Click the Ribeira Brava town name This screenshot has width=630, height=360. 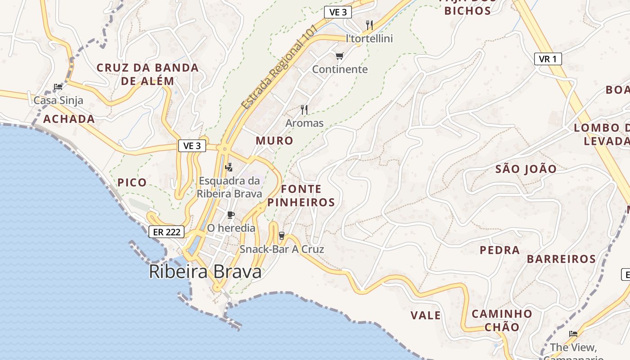point(205,272)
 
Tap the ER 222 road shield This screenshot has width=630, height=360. point(166,232)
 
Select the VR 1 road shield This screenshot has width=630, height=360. point(548,59)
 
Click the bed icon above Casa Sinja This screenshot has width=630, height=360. point(58,87)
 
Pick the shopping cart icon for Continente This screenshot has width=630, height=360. point(339,56)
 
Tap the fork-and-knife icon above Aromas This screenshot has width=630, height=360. point(304,109)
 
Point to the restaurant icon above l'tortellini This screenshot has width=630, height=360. point(369,25)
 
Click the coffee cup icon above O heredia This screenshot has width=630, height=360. point(231,215)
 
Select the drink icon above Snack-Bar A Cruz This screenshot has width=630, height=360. point(282,235)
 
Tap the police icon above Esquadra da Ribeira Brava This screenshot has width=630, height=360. point(229,167)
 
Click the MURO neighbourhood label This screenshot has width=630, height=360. point(274,141)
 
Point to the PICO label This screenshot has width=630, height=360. point(132,183)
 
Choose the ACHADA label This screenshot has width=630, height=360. point(69,119)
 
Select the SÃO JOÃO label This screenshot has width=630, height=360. point(526,169)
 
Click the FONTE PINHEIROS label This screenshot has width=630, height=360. point(301,196)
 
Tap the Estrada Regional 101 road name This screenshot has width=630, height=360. point(279,67)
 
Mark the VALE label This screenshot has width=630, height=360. point(426,315)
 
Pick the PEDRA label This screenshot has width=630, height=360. point(499,250)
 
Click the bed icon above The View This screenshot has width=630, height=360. point(573,334)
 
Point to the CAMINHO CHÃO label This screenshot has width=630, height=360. point(502,320)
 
